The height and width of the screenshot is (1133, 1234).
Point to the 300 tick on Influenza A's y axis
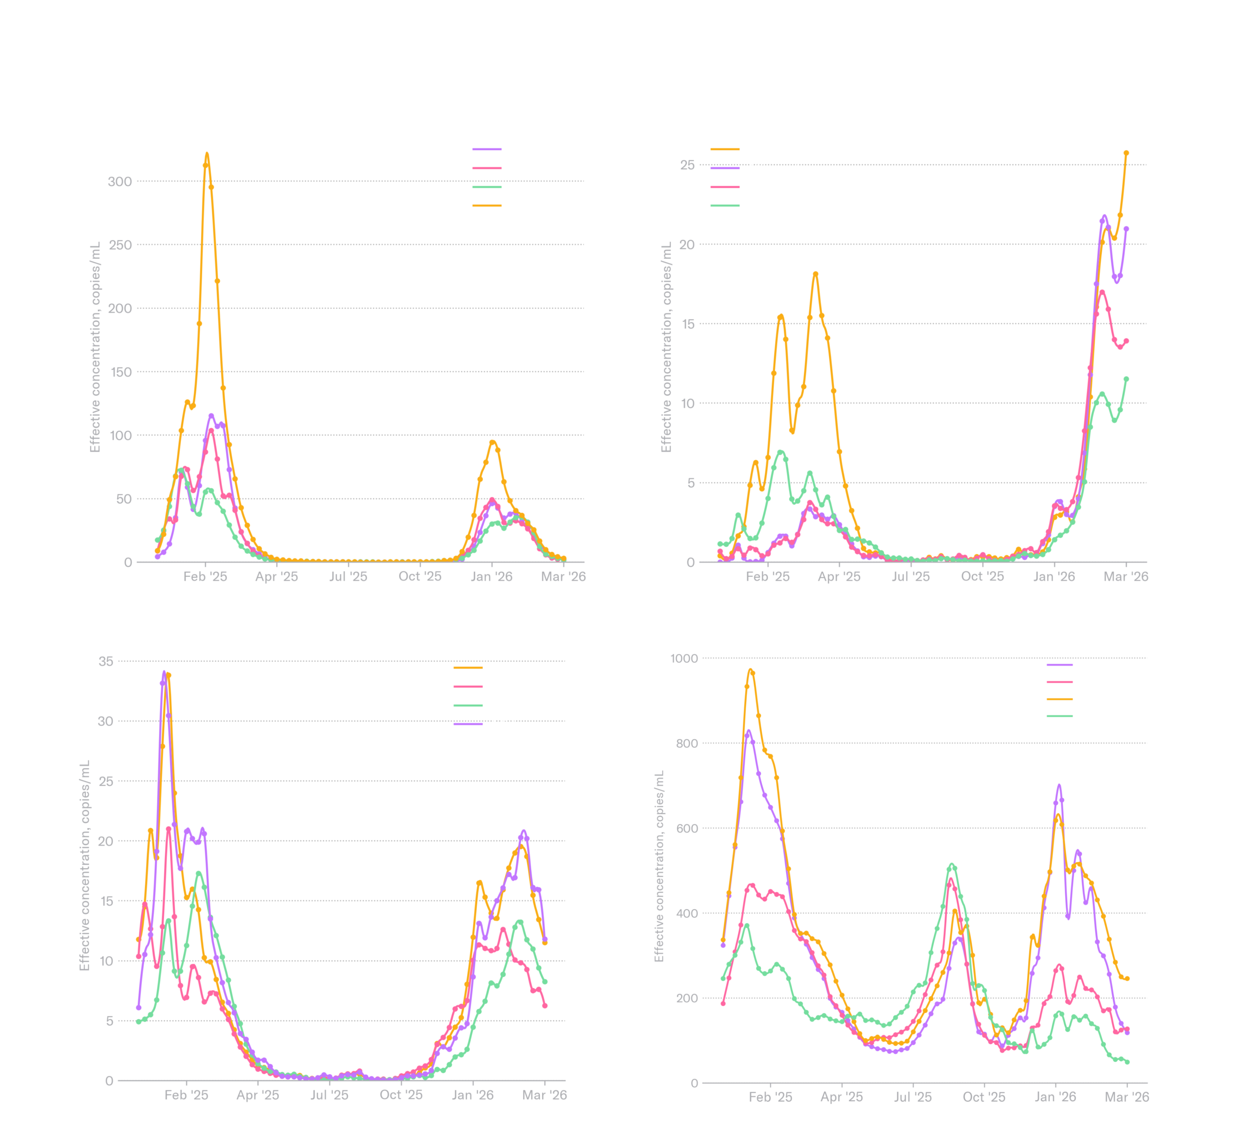(x=120, y=181)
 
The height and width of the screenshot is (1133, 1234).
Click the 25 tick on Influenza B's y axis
(x=687, y=165)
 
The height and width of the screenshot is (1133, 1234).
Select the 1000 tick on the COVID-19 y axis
(x=684, y=658)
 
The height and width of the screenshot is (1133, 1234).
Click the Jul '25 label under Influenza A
(x=348, y=576)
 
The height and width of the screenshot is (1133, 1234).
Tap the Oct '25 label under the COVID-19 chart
(x=983, y=1097)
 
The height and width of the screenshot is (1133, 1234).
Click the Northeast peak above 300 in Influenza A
(x=206, y=154)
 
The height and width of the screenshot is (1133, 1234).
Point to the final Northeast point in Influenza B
(x=1126, y=153)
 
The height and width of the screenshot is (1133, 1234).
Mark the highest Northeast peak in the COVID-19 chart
(x=751, y=671)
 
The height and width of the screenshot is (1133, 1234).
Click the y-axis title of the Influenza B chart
(x=666, y=347)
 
